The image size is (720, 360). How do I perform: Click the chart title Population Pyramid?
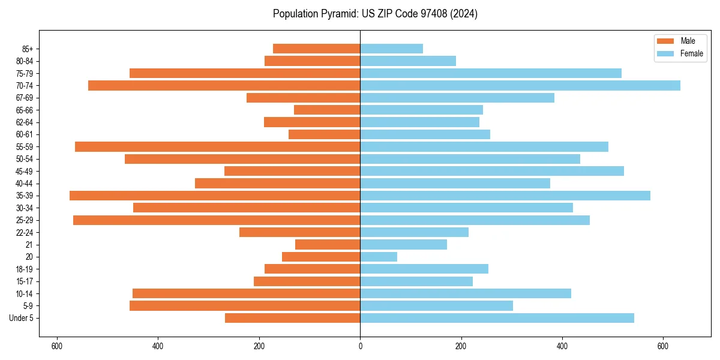[375, 14]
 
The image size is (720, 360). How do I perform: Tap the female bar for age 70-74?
[520, 85]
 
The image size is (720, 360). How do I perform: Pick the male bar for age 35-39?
[215, 196]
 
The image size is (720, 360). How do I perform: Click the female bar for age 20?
[379, 257]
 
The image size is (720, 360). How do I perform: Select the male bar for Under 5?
[292, 318]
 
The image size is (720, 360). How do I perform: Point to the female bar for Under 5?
[497, 318]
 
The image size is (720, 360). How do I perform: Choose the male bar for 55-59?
[217, 146]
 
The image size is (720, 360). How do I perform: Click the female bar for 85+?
[391, 49]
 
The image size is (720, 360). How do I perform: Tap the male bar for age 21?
[328, 244]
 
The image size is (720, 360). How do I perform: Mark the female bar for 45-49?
[492, 171]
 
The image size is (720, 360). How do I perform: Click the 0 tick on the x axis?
[360, 346]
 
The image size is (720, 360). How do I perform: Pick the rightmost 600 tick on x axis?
[662, 346]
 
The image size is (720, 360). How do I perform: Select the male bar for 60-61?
[324, 134]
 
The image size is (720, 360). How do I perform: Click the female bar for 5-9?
[436, 305]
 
